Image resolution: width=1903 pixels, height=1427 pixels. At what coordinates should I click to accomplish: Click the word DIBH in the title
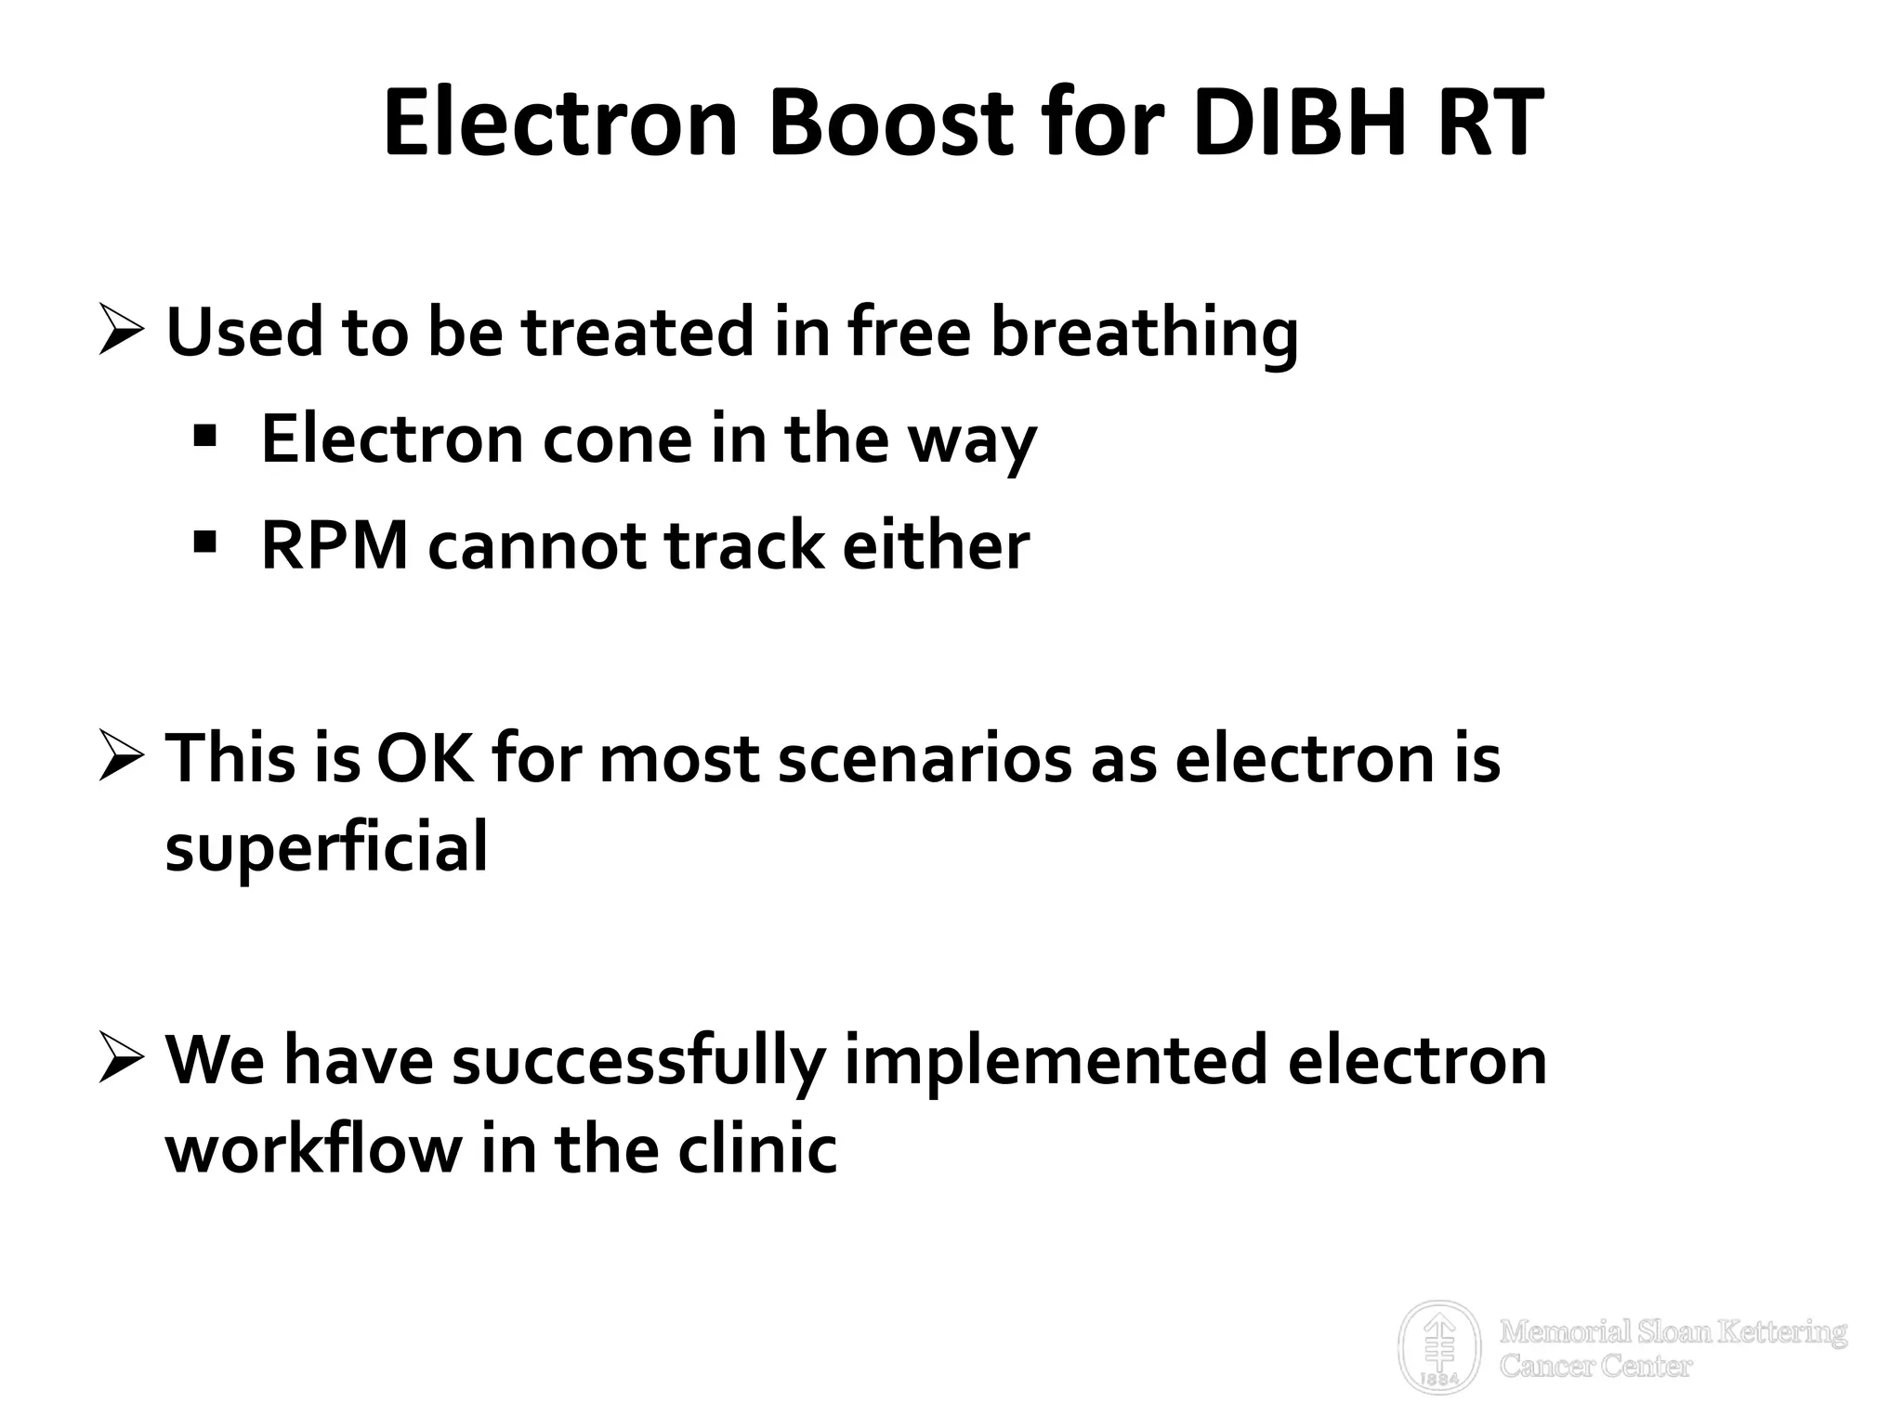tap(1303, 124)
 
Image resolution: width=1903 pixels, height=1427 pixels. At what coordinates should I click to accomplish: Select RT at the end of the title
tap(1490, 124)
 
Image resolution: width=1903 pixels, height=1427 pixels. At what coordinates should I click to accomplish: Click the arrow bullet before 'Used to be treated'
tap(120, 332)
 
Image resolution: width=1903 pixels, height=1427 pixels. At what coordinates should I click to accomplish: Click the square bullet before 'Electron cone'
tap(205, 434)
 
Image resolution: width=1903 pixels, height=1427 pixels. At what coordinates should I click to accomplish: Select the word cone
tap(617, 439)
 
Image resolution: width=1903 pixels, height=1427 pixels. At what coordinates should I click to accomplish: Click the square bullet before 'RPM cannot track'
tap(205, 540)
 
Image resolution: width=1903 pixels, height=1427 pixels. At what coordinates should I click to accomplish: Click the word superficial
tap(326, 847)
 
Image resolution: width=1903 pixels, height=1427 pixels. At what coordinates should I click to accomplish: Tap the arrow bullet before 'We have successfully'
tap(120, 1059)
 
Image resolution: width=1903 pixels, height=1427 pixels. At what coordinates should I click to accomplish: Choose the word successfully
tap(638, 1060)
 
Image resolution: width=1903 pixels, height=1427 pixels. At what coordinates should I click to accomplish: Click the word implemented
tap(1056, 1060)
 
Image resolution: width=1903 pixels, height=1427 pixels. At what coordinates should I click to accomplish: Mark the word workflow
tap(313, 1149)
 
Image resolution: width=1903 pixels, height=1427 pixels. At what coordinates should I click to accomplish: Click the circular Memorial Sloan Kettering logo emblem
tap(1439, 1346)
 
